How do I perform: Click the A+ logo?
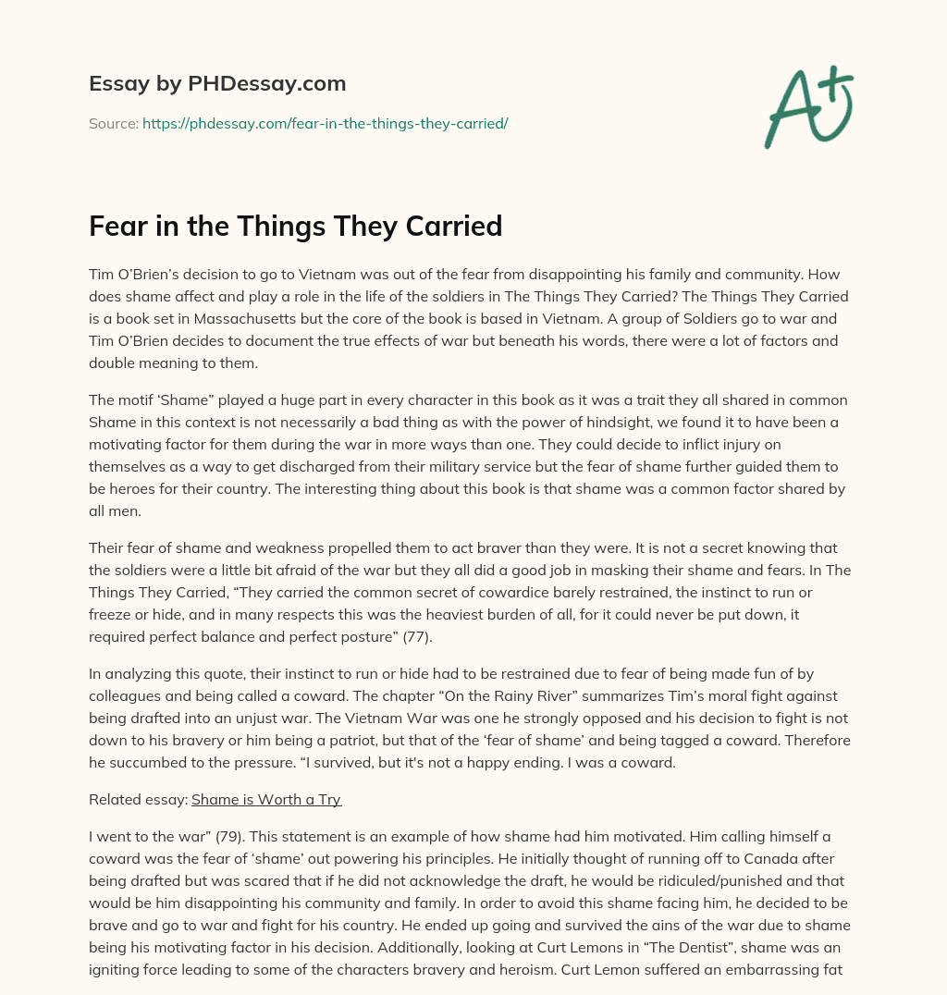808,106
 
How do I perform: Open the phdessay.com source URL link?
325,123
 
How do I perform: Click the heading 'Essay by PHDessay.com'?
217,84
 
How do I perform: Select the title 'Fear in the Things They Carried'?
295,226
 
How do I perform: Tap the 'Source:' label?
113,123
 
